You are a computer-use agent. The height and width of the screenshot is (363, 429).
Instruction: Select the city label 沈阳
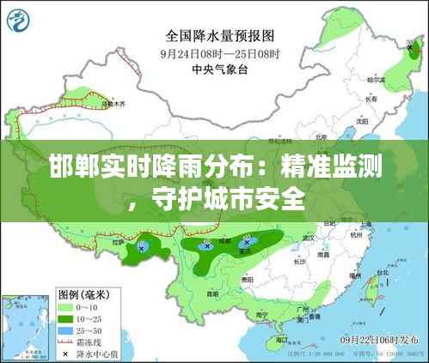point(362,120)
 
